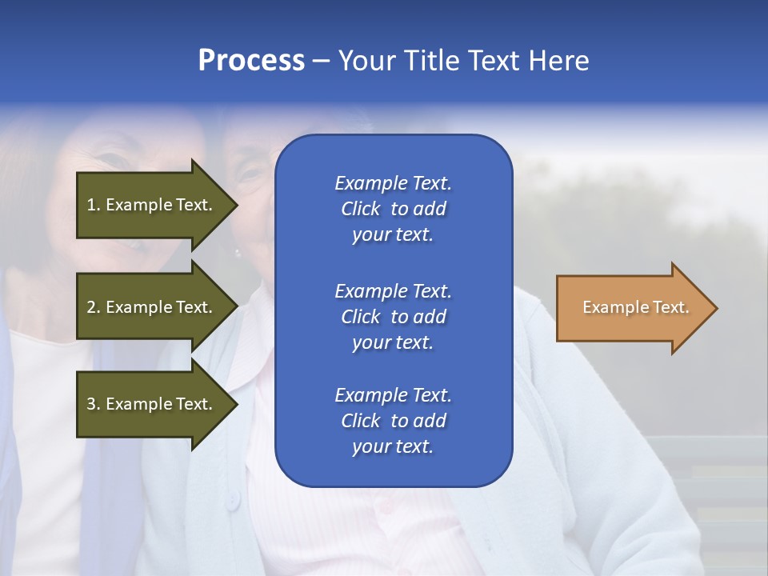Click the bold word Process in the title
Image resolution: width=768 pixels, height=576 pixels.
(x=251, y=61)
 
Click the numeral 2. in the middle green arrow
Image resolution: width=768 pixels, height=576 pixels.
(x=94, y=307)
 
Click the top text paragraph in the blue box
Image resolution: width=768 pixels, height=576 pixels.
(x=393, y=209)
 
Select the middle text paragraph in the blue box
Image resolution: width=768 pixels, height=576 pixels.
(x=393, y=317)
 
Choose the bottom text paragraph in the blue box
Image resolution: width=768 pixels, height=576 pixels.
(x=393, y=421)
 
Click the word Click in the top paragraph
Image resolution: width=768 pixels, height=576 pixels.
(x=360, y=209)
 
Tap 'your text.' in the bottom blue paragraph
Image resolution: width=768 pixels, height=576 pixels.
(x=393, y=447)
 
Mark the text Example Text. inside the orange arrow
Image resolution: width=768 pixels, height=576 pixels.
(x=636, y=307)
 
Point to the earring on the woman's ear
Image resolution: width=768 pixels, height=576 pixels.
(x=238, y=254)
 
